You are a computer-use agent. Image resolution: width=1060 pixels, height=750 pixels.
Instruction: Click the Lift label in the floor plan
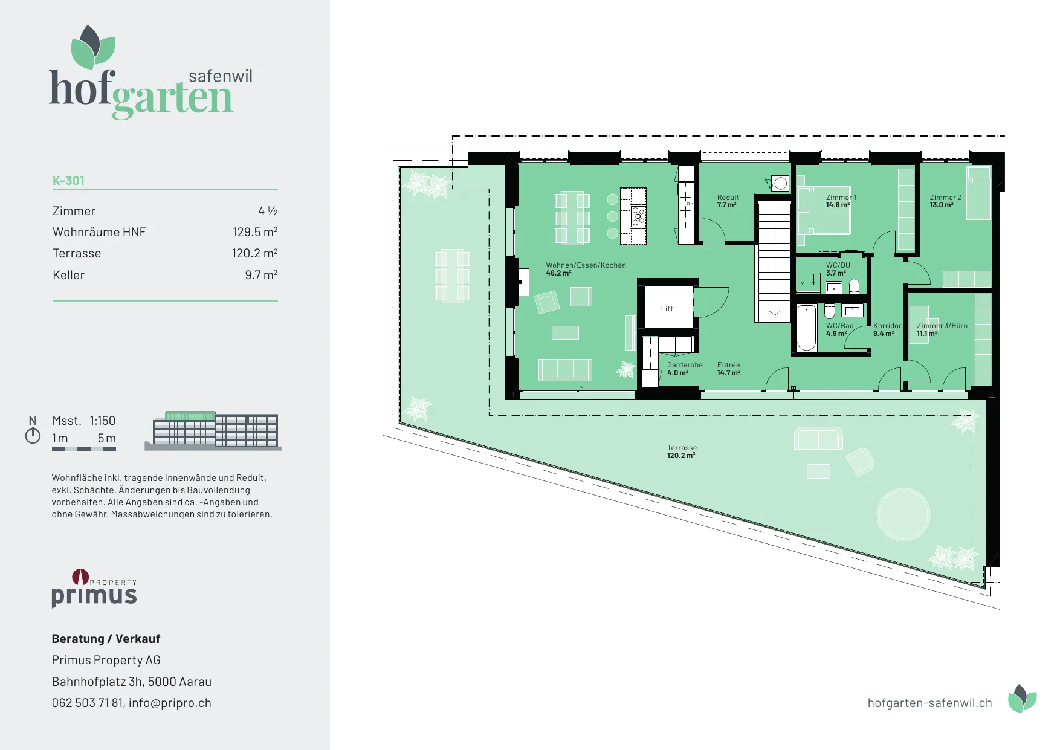click(x=667, y=309)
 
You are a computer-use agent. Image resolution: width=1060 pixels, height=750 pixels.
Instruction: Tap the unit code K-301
click(x=68, y=181)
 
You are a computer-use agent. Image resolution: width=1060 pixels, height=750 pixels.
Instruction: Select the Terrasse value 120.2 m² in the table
click(x=254, y=253)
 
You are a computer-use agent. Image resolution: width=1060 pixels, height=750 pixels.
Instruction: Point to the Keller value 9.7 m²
click(x=261, y=275)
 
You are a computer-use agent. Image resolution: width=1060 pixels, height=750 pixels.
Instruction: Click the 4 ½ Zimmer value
click(x=268, y=211)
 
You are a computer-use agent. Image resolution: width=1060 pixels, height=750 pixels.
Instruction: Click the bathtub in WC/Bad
click(x=806, y=328)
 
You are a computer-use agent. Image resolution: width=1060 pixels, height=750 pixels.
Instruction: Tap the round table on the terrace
click(x=903, y=514)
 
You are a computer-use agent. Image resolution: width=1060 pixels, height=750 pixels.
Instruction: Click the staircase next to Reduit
click(x=774, y=262)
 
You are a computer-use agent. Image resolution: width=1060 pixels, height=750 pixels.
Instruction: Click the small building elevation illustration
click(x=213, y=431)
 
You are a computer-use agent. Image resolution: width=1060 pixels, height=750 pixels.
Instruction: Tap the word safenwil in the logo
click(x=221, y=76)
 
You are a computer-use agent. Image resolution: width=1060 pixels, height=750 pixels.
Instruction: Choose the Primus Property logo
click(x=94, y=587)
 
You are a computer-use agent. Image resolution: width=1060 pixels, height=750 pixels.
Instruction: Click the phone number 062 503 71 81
click(x=88, y=703)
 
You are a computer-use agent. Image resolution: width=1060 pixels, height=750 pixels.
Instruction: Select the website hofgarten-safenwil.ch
click(x=929, y=703)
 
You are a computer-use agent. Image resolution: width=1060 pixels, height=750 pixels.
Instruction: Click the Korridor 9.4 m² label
click(x=887, y=329)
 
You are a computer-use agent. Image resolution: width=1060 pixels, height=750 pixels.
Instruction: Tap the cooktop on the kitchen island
click(x=638, y=216)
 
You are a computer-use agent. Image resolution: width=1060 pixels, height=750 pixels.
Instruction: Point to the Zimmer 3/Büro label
click(x=942, y=326)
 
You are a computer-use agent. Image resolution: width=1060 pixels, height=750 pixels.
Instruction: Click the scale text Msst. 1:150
click(x=83, y=421)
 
